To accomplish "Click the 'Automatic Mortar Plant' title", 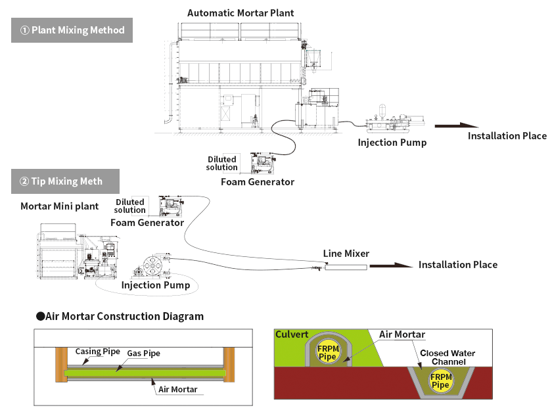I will click(x=241, y=12).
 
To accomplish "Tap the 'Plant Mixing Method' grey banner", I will click(x=72, y=30).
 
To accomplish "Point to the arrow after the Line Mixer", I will click(x=390, y=265).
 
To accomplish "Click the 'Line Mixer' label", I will click(x=346, y=253).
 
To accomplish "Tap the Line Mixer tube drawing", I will click(x=346, y=267).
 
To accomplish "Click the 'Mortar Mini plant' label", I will click(x=59, y=206).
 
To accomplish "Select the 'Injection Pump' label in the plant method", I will click(x=392, y=142).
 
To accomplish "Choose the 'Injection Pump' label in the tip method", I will click(x=156, y=285).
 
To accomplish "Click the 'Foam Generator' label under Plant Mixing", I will click(x=258, y=181).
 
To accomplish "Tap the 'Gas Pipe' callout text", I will click(x=144, y=354).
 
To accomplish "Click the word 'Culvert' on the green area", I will click(x=292, y=334).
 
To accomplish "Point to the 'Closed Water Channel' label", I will click(x=448, y=357).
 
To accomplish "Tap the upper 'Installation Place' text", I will click(x=507, y=136).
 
